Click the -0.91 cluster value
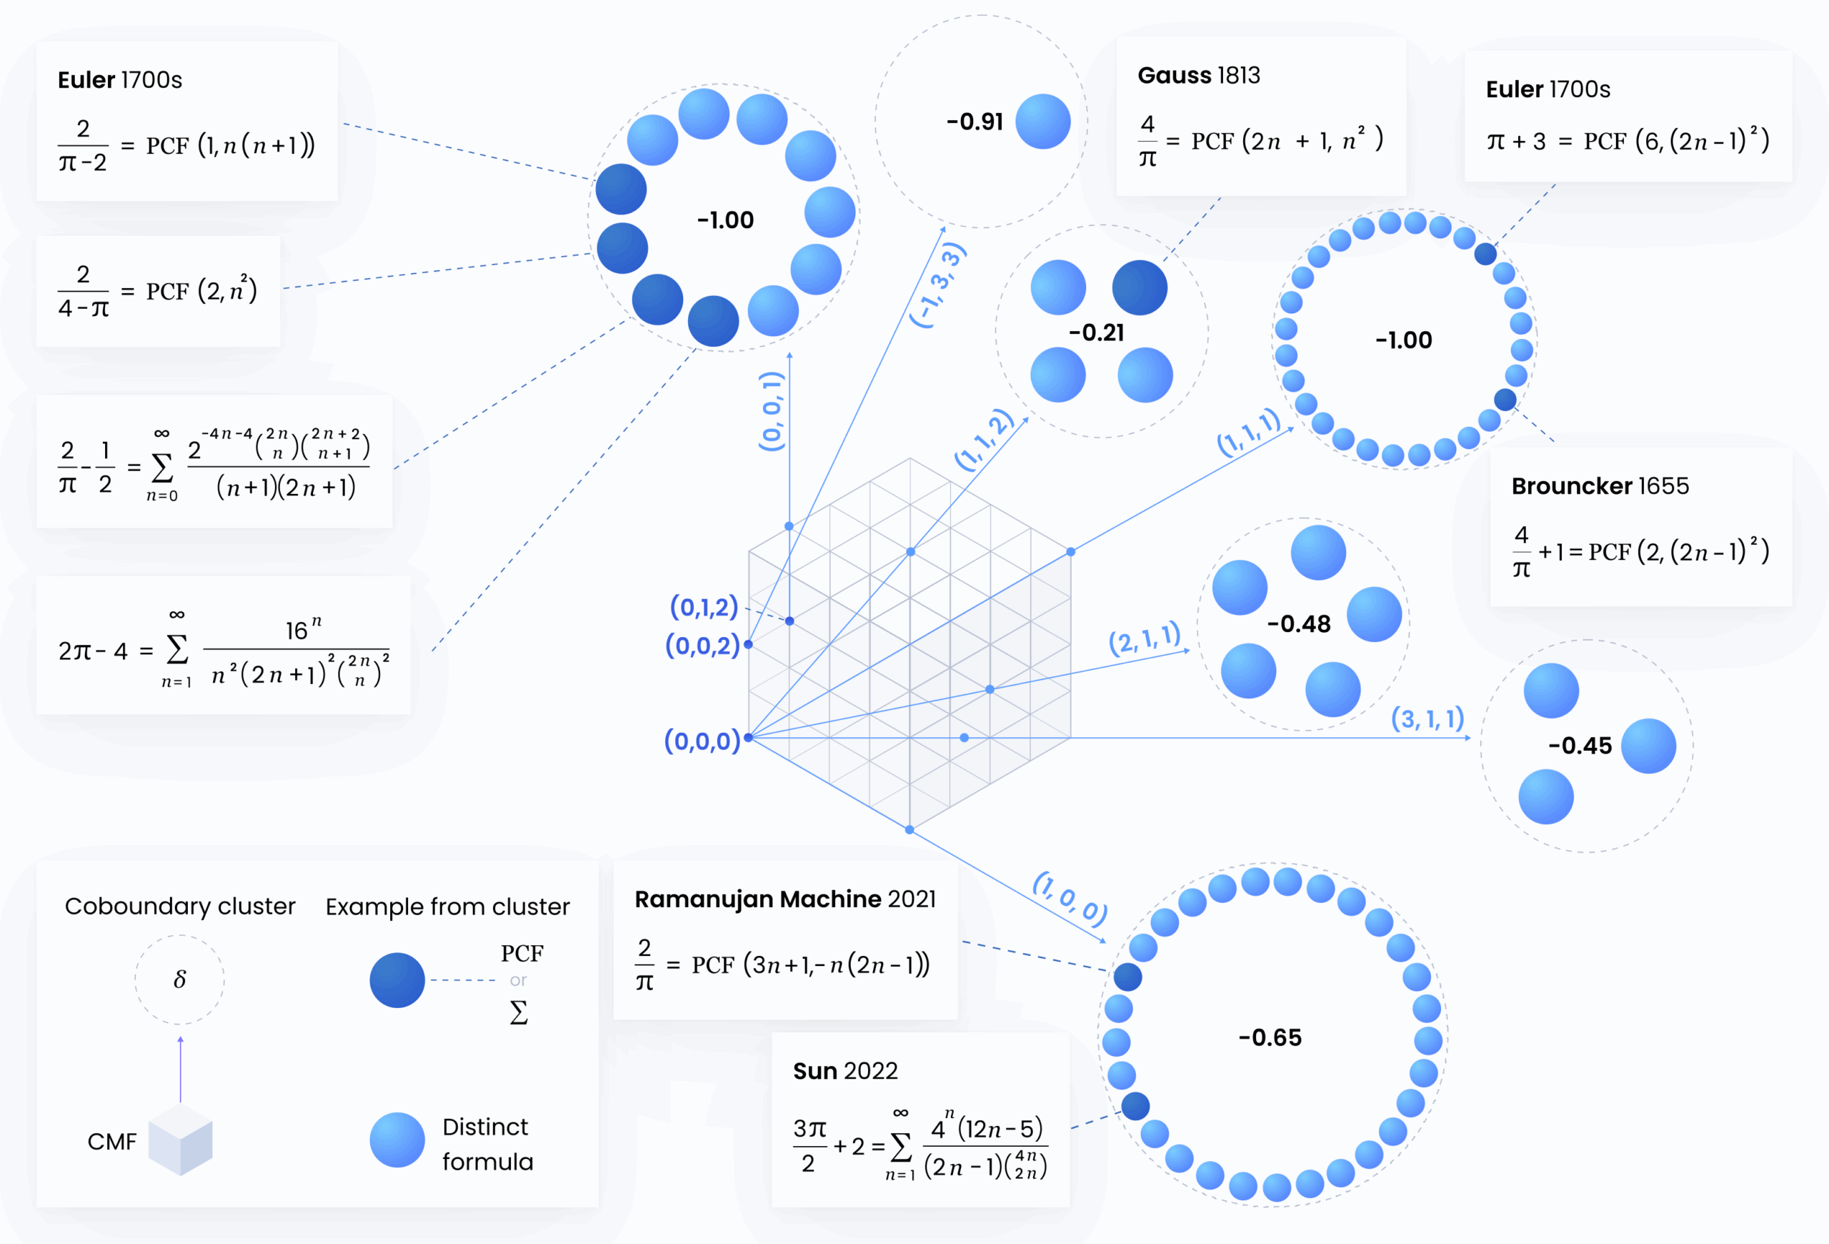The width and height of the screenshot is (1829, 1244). tap(975, 122)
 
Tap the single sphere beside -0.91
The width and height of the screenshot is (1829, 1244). tap(1043, 122)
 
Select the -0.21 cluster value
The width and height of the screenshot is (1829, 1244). tap(1096, 333)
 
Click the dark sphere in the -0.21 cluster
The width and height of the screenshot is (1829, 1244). tap(1140, 287)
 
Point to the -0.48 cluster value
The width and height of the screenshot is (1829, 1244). tap(1299, 624)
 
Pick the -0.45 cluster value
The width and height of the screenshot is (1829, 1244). tap(1580, 746)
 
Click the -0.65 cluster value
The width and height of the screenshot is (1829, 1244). tap(1270, 1037)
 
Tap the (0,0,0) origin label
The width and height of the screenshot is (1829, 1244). tap(702, 740)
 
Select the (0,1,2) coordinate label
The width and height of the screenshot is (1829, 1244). tap(704, 606)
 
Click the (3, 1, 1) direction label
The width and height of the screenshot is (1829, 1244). tap(1427, 718)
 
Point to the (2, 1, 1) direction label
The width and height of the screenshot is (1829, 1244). tap(1145, 638)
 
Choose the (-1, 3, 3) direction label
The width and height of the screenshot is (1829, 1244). tap(937, 285)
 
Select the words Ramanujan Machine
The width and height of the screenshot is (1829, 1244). tap(758, 899)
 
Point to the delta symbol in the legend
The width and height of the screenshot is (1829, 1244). tap(179, 979)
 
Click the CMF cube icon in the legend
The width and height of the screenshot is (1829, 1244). tap(180, 1140)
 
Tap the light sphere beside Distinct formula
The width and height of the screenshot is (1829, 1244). tap(397, 1140)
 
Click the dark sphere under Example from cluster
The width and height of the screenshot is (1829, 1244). tap(397, 980)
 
